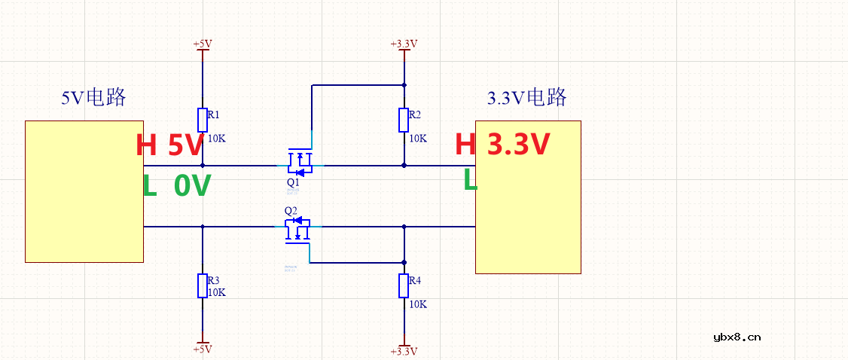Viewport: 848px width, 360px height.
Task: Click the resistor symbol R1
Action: [x=203, y=121]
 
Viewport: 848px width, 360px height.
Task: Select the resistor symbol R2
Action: [x=404, y=120]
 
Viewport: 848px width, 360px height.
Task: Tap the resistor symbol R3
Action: [x=203, y=286]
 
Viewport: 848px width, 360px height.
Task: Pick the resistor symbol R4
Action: [x=404, y=286]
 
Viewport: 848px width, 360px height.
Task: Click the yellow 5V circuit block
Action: [x=84, y=191]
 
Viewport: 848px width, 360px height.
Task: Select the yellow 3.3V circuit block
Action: [x=528, y=197]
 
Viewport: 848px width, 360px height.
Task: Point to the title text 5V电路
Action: [x=93, y=98]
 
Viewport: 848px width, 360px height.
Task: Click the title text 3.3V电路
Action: [x=526, y=98]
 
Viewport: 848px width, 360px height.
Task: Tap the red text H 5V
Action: [x=170, y=145]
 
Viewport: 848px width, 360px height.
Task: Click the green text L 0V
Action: [x=176, y=185]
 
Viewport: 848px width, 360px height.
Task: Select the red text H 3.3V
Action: [x=502, y=145]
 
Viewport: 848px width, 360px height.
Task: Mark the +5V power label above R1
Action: [x=203, y=44]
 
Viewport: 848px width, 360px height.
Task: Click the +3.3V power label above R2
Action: [x=404, y=44]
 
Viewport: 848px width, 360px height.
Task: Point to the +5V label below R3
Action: [x=203, y=349]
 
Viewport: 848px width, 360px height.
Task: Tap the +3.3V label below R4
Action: [x=404, y=351]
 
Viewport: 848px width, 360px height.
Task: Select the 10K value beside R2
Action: [x=418, y=139]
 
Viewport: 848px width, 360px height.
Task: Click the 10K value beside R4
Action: [x=418, y=304]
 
